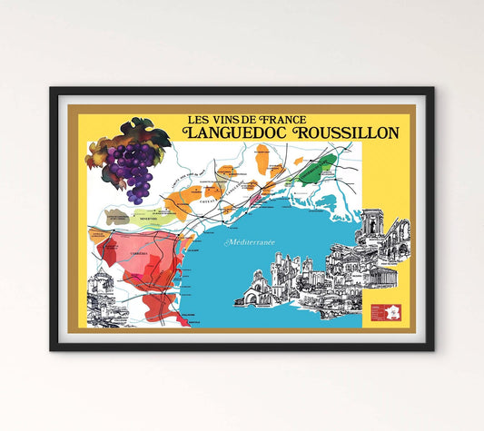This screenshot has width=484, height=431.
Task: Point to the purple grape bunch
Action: tap(138, 169)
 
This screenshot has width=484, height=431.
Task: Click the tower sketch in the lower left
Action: tap(102, 291)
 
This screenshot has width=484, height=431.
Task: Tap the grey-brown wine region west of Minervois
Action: tap(115, 218)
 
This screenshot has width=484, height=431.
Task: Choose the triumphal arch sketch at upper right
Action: tap(373, 224)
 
